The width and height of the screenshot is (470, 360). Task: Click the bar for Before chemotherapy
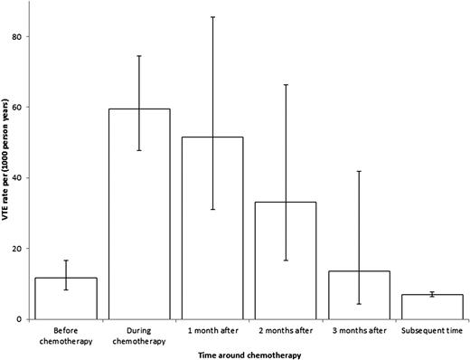click(66, 298)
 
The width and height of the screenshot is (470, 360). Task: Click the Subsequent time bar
click(432, 307)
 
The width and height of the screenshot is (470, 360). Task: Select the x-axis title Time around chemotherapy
click(249, 354)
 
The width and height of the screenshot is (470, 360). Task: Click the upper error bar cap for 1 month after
click(212, 17)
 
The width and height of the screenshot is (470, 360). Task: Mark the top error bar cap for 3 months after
click(359, 171)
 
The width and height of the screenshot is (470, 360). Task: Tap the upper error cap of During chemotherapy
click(139, 56)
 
